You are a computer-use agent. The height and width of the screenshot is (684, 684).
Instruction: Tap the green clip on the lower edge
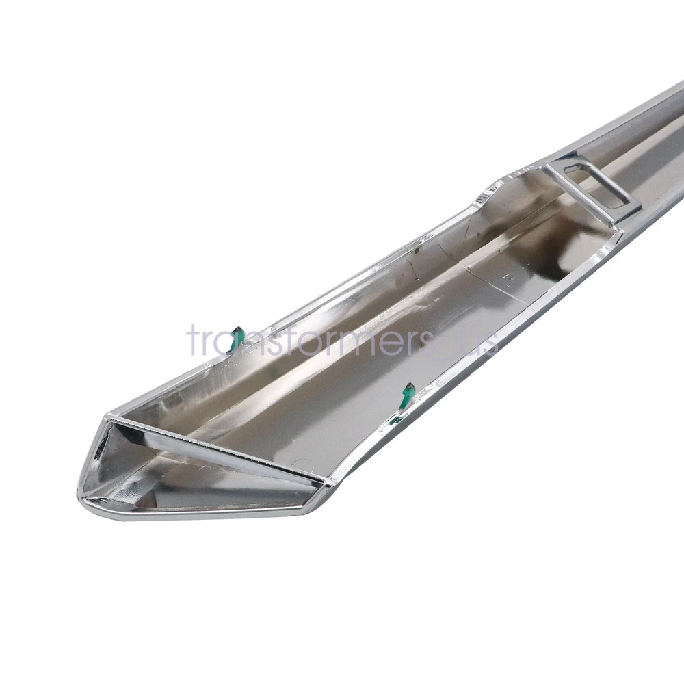pyautogui.click(x=407, y=396)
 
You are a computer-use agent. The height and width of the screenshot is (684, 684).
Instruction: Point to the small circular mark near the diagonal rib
pyautogui.click(x=301, y=464)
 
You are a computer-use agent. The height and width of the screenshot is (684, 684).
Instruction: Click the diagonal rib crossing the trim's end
pyautogui.click(x=218, y=449)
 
